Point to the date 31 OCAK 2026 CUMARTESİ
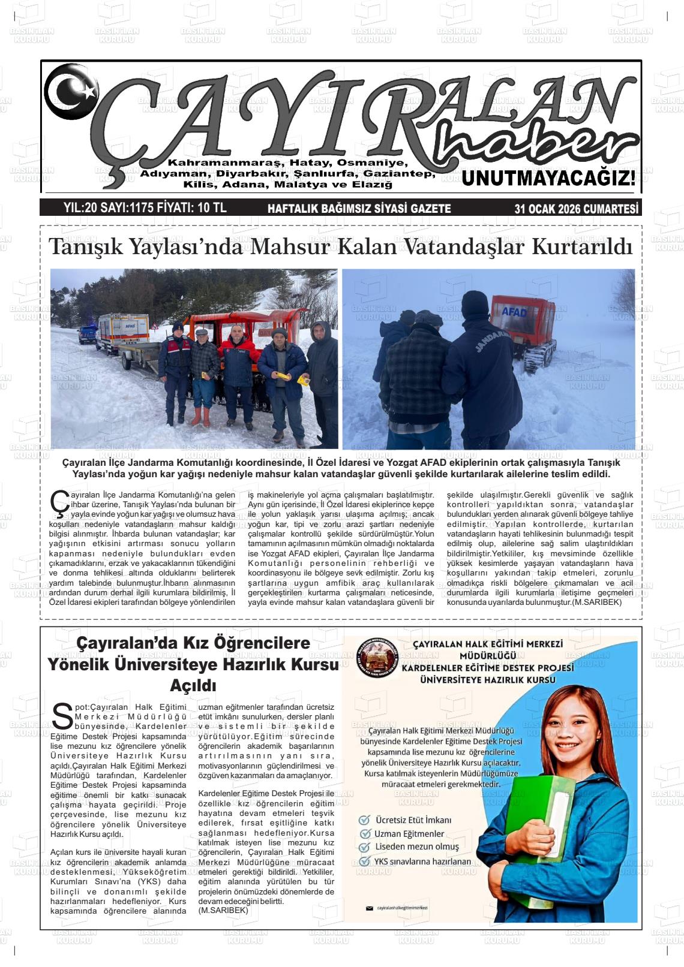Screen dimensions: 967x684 (576, 209)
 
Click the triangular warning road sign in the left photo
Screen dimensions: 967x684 (155, 327)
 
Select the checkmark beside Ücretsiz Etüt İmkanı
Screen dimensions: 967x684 (364, 820)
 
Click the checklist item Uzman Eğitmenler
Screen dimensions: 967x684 (409, 834)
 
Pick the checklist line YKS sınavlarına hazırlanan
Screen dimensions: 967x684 (422, 861)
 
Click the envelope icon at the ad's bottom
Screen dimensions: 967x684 (369, 908)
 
